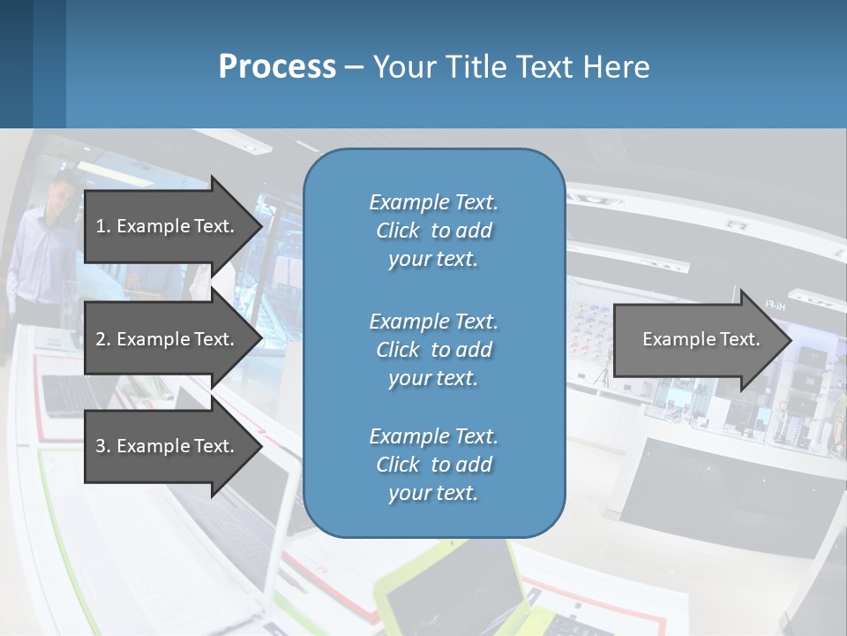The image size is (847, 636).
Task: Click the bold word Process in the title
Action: click(x=277, y=67)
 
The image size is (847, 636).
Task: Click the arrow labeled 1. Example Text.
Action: click(x=168, y=226)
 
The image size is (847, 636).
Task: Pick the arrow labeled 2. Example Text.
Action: click(x=168, y=339)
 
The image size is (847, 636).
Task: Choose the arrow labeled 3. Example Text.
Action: click(x=168, y=446)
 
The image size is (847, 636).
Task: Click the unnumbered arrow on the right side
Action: click(x=697, y=340)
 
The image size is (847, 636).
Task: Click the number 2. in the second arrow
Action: click(x=103, y=339)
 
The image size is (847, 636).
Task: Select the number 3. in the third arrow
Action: click(x=103, y=446)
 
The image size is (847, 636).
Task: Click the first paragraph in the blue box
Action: click(x=433, y=231)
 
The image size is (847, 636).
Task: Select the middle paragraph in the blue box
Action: click(x=433, y=350)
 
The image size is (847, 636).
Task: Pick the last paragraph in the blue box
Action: click(x=433, y=465)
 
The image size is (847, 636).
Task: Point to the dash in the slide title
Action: click(x=355, y=67)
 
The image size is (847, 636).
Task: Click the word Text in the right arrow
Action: click(x=740, y=339)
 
